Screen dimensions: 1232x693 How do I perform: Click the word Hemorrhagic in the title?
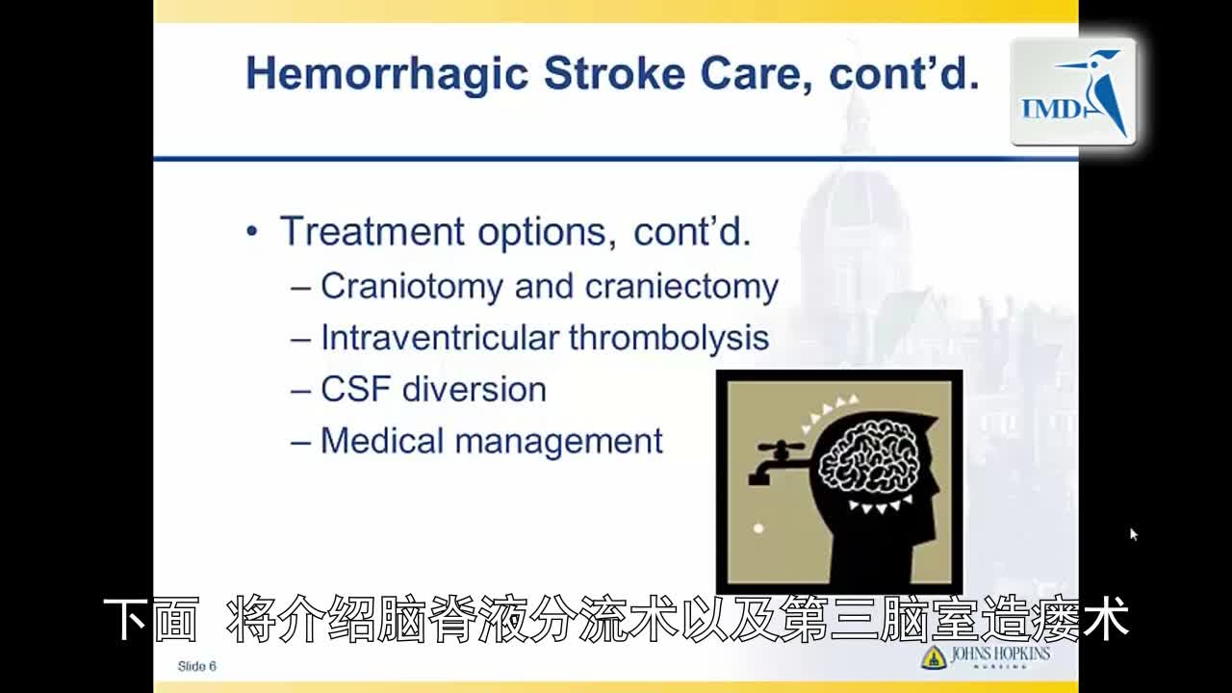[x=387, y=74]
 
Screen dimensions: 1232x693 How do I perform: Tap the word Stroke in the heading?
[x=615, y=73]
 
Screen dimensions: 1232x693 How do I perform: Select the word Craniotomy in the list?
[x=412, y=287]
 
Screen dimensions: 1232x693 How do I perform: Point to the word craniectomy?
[x=682, y=287]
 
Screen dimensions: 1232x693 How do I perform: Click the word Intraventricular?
[x=440, y=337]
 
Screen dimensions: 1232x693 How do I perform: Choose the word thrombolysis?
[x=669, y=337]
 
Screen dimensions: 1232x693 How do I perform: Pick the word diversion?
[x=475, y=389]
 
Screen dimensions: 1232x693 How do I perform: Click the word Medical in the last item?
[x=382, y=441]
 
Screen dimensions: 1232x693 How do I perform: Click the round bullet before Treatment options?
[x=252, y=232]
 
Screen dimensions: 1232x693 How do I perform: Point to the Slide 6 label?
[x=197, y=667]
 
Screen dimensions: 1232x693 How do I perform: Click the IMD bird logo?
[x=1073, y=91]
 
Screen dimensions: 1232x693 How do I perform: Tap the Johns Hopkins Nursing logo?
[x=986, y=657]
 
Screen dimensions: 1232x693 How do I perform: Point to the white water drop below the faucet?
[x=758, y=528]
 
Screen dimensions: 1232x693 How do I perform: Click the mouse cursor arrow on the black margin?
[x=1134, y=534]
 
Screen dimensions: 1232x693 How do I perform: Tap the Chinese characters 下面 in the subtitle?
[x=151, y=619]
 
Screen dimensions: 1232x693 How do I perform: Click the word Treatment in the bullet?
[x=372, y=232]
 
